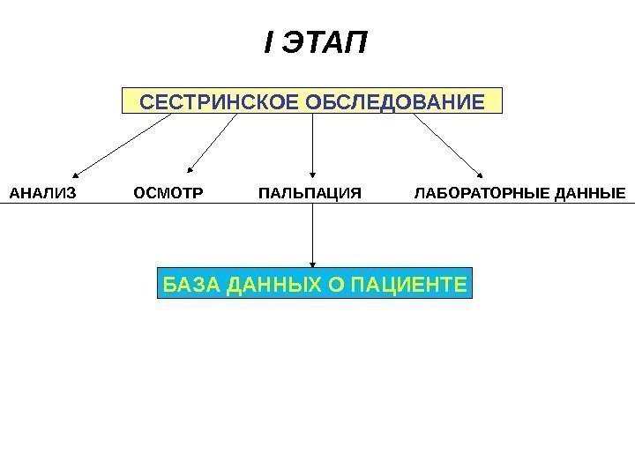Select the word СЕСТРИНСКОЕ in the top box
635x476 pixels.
221,102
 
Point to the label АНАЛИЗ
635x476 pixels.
42,191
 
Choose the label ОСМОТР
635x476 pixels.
167,191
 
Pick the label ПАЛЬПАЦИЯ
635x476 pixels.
310,191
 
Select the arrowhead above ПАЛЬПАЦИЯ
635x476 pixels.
313,173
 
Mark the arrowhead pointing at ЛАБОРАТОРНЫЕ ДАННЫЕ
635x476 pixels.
480,173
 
